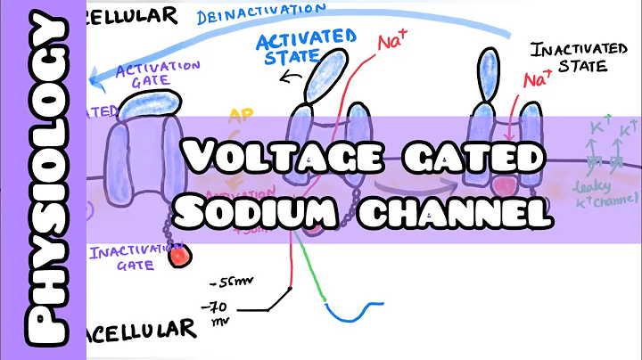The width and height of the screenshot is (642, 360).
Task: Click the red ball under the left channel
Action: click(182, 256)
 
